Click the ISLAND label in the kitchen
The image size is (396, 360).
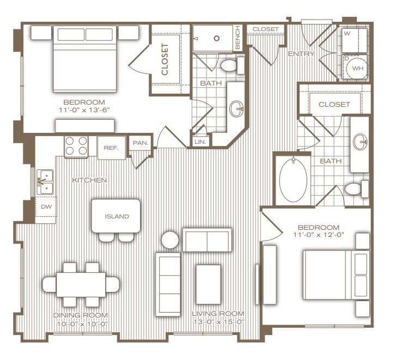click(117, 216)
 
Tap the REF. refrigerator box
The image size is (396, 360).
click(111, 147)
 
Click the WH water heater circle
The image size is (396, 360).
click(357, 69)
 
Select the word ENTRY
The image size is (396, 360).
click(298, 54)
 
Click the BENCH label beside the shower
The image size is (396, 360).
click(238, 38)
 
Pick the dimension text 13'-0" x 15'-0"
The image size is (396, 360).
click(218, 321)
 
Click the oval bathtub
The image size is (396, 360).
click(294, 180)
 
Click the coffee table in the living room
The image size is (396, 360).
click(208, 284)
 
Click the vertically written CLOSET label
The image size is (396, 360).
click(165, 59)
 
